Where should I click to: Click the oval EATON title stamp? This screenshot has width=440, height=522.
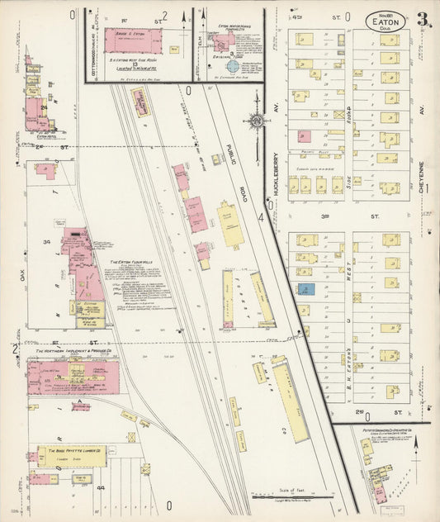point(385,20)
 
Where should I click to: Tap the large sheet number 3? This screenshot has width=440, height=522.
point(422,19)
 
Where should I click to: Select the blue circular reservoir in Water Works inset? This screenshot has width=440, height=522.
point(233,64)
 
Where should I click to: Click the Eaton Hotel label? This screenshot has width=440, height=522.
point(35,137)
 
